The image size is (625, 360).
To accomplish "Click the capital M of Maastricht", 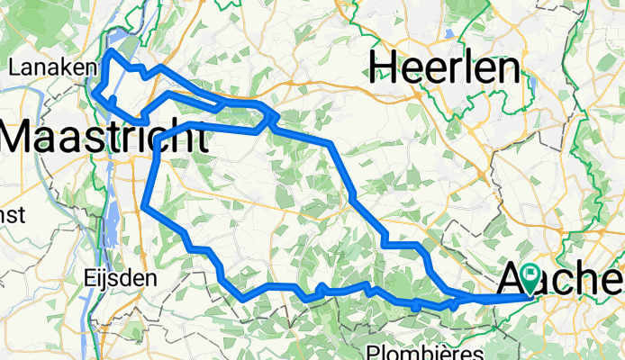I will [x=20, y=138].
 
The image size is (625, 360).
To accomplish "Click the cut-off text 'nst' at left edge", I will [x=12, y=217].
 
